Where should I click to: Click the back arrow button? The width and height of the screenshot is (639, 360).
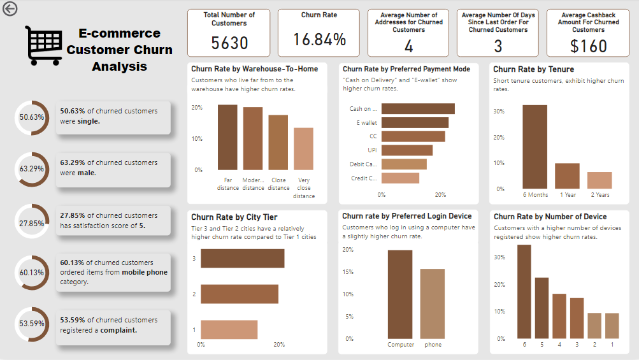(10, 8)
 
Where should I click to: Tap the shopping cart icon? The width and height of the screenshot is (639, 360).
(43, 46)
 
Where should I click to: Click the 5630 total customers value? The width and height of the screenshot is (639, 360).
(229, 43)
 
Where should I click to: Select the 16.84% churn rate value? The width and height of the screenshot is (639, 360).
(320, 40)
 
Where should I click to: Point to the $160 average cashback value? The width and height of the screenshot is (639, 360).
(588, 46)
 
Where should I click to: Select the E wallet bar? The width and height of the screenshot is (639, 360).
(415, 122)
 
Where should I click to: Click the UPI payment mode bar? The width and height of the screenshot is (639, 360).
(407, 150)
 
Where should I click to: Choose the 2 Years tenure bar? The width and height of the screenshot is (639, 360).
(600, 180)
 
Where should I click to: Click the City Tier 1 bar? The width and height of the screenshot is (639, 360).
(229, 329)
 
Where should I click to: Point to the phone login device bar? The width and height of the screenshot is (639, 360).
(433, 304)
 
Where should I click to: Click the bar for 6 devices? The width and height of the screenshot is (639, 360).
(524, 291)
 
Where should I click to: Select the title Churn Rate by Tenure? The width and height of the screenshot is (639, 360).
(533, 69)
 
